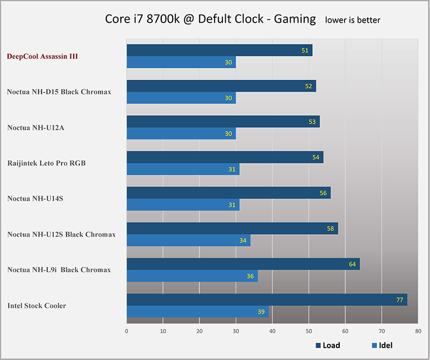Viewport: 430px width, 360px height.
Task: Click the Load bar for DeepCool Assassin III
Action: [219, 51]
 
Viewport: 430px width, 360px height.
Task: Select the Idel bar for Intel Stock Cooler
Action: [197, 312]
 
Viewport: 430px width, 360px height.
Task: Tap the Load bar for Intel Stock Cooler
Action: [267, 300]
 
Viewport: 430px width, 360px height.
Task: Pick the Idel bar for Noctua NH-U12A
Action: [181, 134]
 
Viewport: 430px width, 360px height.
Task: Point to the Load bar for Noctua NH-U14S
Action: [228, 193]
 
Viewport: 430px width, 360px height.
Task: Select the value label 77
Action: [400, 300]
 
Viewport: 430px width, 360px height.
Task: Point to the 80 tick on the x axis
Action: [418, 332]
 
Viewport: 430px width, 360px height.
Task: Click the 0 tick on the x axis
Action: [127, 332]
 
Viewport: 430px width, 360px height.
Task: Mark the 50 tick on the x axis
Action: [309, 332]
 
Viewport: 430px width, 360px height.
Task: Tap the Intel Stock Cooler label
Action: [37, 306]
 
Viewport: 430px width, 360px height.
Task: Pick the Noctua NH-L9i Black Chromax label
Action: [59, 270]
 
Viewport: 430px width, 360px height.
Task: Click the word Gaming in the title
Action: [295, 20]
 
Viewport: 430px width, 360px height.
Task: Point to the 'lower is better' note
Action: [353, 20]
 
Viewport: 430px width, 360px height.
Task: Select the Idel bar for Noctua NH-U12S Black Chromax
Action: [188, 241]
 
